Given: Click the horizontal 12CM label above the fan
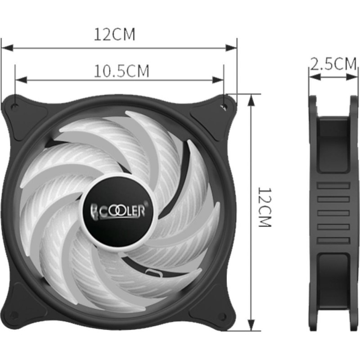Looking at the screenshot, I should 114,35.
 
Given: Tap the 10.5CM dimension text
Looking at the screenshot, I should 121,71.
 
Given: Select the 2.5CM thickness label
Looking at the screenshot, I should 333,64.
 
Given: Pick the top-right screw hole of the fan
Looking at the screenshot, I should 224,107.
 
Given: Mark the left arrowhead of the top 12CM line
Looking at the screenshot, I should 5,46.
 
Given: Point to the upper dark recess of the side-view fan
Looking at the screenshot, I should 333,144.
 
